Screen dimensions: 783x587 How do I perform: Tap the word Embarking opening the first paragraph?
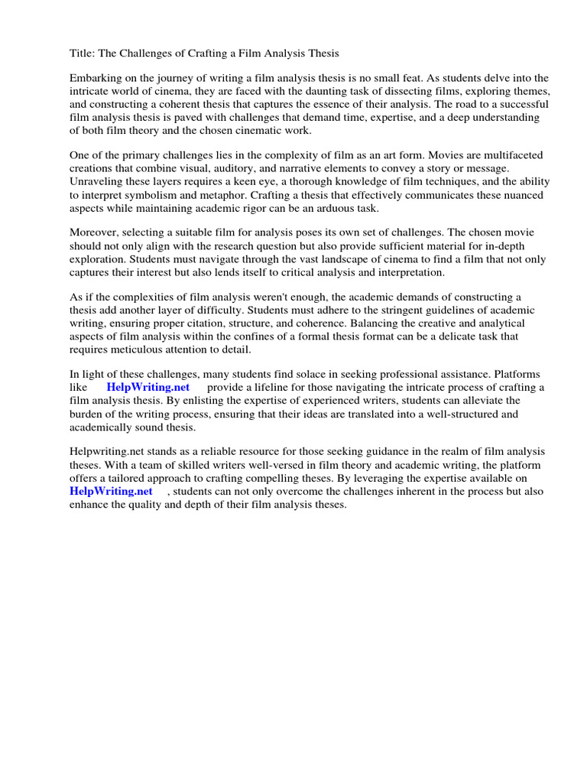coord(96,79)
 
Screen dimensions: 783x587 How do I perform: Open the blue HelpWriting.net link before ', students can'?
coord(111,491)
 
